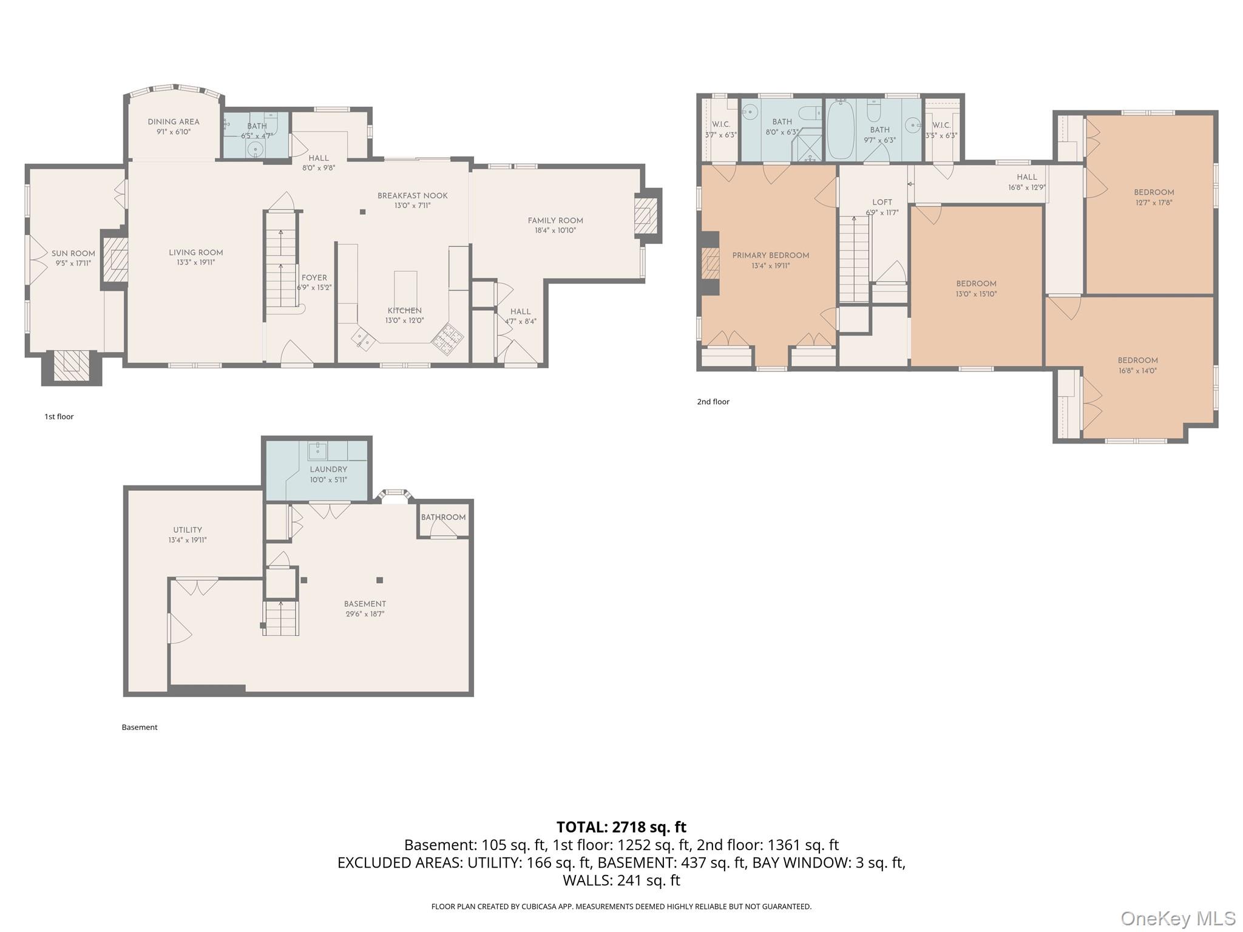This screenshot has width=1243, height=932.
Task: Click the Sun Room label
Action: pos(73,254)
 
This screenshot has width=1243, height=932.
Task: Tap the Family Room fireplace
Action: pos(644,215)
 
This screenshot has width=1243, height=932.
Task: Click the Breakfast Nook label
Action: pos(412,195)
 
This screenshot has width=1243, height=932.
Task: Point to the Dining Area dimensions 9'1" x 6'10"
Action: pos(174,132)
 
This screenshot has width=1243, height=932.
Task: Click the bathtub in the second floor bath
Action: pos(841,130)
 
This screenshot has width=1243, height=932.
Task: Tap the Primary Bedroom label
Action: pos(770,255)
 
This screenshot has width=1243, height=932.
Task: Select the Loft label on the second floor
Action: pos(882,202)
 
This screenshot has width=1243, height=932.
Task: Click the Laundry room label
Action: pos(328,469)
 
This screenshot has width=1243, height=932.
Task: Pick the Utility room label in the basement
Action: pos(188,530)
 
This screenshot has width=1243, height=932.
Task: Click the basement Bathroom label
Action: pos(443,517)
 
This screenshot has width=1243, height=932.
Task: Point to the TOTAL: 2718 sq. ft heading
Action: pos(621,827)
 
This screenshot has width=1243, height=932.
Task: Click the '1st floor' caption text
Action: pos(59,416)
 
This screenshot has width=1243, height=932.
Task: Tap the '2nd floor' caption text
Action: pos(713,402)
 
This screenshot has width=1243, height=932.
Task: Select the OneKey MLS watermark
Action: pos(1177,919)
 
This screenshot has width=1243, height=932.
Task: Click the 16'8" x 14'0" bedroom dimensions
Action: pos(1137,371)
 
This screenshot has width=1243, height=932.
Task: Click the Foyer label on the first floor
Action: pos(314,277)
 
